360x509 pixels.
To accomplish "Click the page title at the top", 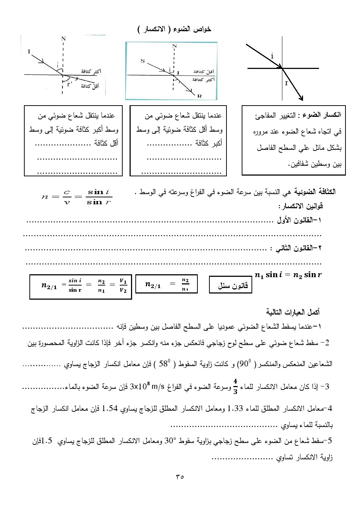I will coord(174,29).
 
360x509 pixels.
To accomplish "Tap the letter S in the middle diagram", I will coord(143,61).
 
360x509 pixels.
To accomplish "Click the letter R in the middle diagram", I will coord(199,96).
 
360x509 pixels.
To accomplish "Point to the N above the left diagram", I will coord(64,39).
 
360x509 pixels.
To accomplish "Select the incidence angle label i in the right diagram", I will coord(272,56).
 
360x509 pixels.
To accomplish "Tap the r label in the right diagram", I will coord(286,83).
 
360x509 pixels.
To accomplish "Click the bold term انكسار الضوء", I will coord(322,115).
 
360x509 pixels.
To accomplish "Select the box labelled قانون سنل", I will coord(231,285).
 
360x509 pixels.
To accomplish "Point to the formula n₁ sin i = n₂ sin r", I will coord(288,275).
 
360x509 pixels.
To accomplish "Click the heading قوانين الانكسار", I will coord(301,206).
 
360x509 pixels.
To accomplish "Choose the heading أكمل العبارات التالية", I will coord(293,312).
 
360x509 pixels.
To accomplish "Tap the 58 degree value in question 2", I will coord(164,364).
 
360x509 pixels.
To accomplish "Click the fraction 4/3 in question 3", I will coord(235,386).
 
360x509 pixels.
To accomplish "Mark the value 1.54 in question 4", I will coord(110,409).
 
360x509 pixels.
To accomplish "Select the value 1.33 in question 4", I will coord(235,409).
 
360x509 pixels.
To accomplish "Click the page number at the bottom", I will coord(180,476).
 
